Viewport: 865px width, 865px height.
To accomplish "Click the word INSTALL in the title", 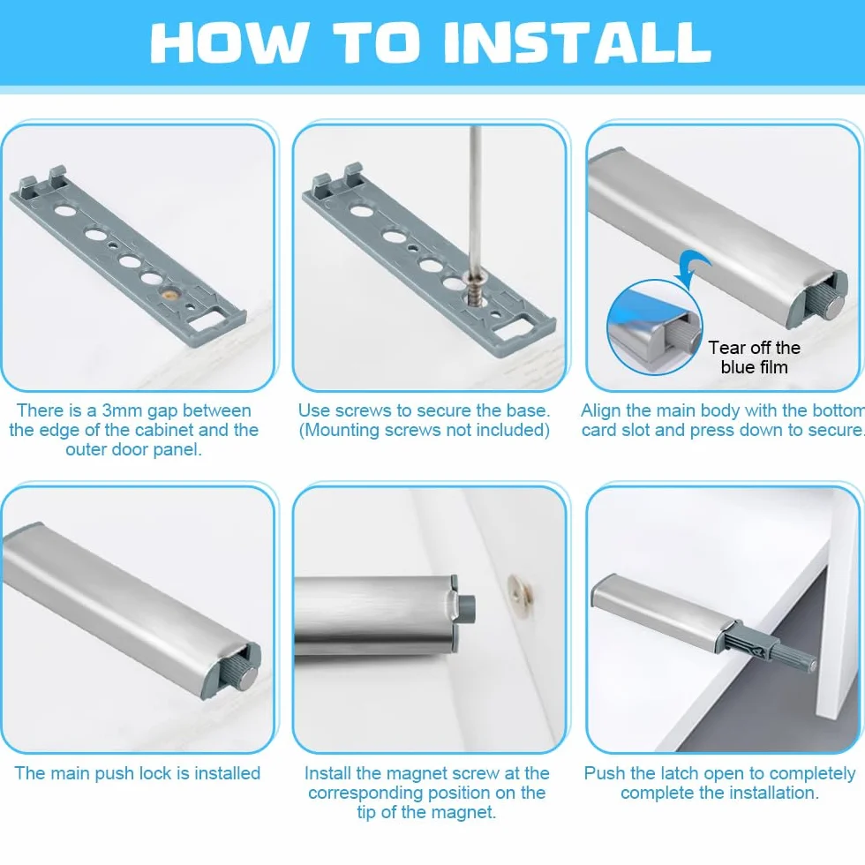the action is (577, 42).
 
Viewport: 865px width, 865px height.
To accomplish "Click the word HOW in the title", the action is (228, 42).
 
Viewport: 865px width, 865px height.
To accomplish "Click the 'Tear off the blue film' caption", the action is (754, 357).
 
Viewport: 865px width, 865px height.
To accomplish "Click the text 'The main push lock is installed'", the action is (137, 773).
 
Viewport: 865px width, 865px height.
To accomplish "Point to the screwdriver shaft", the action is (475, 199).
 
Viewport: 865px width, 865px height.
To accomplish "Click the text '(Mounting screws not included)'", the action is (425, 430).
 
